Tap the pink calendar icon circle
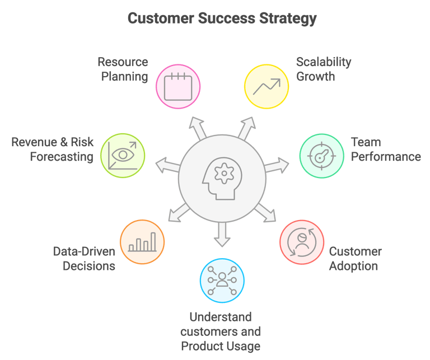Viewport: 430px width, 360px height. (178, 87)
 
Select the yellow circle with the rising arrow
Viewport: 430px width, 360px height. (267, 87)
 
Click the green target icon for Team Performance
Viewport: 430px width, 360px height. (321, 156)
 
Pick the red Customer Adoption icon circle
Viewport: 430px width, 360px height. (302, 242)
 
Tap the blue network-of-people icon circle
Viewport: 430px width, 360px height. (222, 280)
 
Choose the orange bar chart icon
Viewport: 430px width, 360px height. (142, 242)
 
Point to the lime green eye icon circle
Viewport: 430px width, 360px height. (123, 156)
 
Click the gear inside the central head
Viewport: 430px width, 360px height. (224, 174)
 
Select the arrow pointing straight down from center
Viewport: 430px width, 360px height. (222, 235)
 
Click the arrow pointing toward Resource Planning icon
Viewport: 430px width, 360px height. (197, 128)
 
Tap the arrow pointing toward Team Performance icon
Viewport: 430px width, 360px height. (277, 165)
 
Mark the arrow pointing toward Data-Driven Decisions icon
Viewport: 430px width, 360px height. (179, 213)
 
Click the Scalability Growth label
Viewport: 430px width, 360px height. (324, 69)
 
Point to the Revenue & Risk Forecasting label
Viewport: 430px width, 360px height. (53, 149)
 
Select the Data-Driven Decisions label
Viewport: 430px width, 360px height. (84, 259)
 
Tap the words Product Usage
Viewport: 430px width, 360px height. (221, 346)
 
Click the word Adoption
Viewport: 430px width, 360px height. (353, 266)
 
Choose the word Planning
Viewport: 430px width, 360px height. (125, 77)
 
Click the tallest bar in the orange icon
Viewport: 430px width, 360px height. (153, 242)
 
